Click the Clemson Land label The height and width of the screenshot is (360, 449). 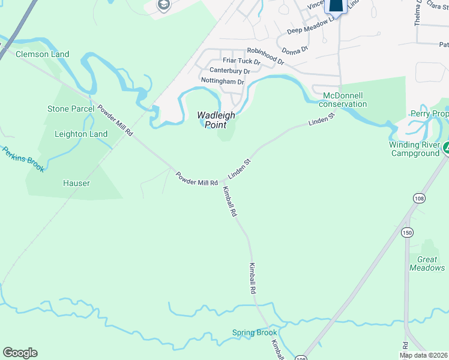coord(43,54)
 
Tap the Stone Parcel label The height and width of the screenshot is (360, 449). coord(71,109)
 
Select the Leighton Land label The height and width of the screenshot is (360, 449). coord(81,134)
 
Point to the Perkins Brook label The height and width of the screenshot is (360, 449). coord(23,160)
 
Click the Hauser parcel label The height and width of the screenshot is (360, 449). coord(77,183)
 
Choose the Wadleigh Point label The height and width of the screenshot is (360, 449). coord(216,119)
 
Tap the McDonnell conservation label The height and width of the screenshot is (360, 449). coord(345,100)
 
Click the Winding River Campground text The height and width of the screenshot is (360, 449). coord(414,149)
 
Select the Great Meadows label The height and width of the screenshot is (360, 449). coord(427,263)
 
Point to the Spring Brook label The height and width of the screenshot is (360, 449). coord(255,332)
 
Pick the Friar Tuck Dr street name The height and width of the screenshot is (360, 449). coord(241,61)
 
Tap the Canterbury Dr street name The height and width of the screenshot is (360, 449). coord(229,71)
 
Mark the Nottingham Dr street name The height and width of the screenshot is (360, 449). coord(223,81)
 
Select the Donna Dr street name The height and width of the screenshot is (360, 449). coord(295,49)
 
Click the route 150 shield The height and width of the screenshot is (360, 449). coord(408,232)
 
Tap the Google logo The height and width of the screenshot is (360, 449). coord(20,353)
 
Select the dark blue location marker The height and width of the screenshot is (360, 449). coord(336,5)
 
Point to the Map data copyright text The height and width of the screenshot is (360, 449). coord(424,355)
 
